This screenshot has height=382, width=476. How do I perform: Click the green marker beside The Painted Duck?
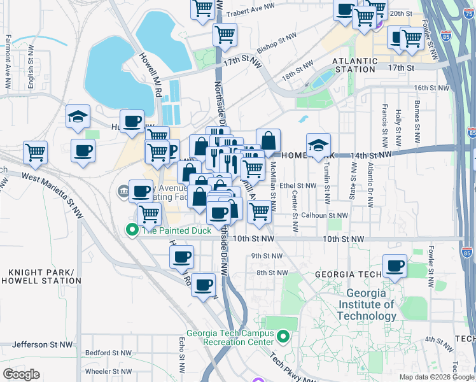(x=132, y=230)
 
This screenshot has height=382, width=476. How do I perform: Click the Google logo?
(x=22, y=374)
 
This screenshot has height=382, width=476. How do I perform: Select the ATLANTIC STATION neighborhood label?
(x=355, y=65)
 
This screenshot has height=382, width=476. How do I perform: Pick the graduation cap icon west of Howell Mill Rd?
(x=78, y=116)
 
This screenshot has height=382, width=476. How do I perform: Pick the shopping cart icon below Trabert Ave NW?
(x=225, y=34)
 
